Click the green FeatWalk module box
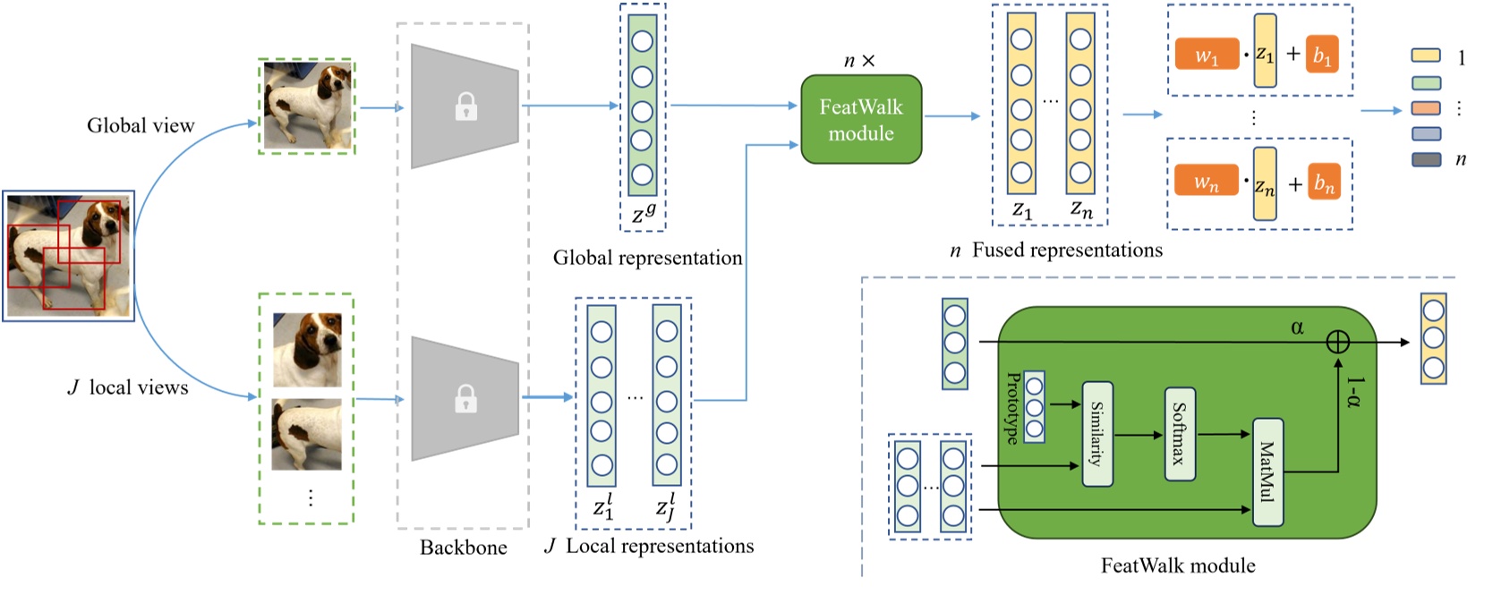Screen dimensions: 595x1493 860,119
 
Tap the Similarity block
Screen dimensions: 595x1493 1096,434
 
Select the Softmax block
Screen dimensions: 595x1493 1179,434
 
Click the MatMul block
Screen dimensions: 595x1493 1267,472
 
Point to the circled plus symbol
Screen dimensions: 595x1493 1337,342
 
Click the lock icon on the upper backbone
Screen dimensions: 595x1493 465,107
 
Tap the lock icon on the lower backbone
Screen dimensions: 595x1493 465,398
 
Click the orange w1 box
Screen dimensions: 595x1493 1207,55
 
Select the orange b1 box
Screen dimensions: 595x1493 1322,55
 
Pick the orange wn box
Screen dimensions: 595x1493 1207,183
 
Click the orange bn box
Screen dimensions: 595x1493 1324,183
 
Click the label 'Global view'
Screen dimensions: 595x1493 141,125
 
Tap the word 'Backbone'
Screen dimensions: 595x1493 463,548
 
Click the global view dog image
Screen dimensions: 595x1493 307,106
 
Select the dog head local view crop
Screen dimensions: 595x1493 307,349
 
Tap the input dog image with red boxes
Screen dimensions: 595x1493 68,256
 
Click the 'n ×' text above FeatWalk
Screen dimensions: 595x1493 859,61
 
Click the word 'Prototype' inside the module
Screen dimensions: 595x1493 1012,408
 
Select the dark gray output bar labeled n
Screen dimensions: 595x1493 1426,159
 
